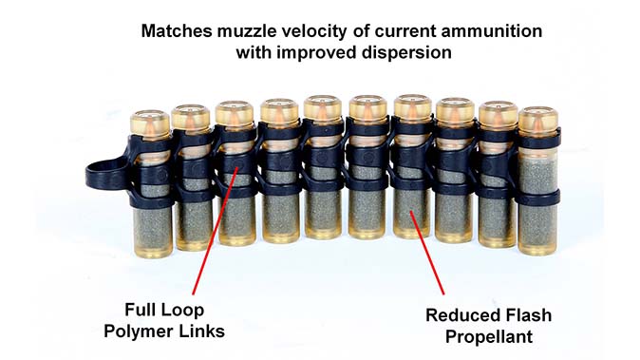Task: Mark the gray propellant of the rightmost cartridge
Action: pyautogui.click(x=538, y=214)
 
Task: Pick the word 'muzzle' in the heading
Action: pyautogui.click(x=237, y=31)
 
